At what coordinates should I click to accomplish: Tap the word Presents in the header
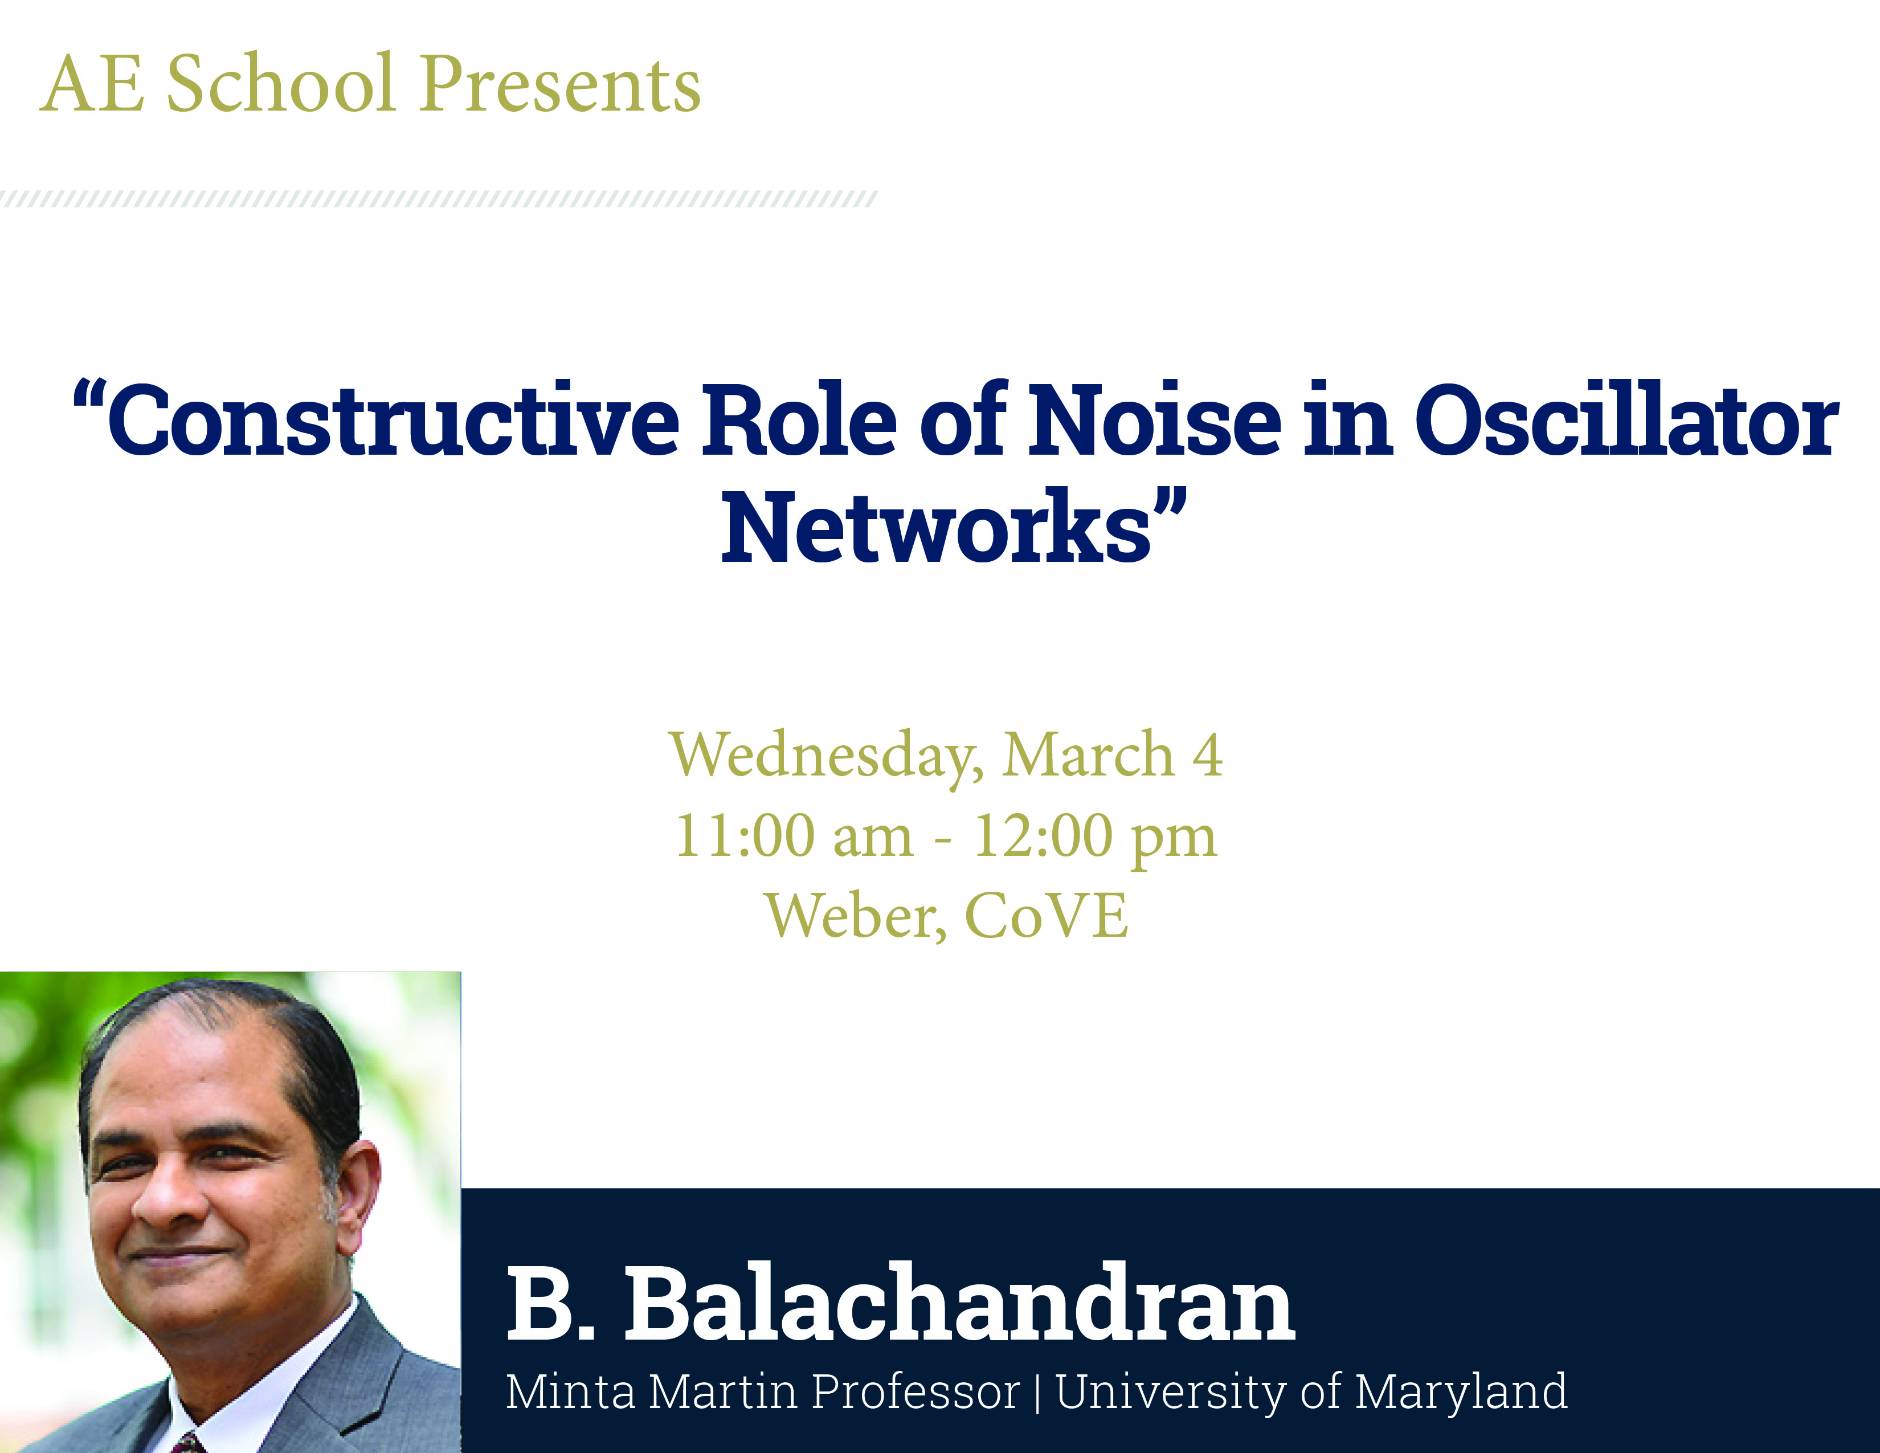pos(561,84)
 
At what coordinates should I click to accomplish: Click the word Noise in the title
pos(1156,419)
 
